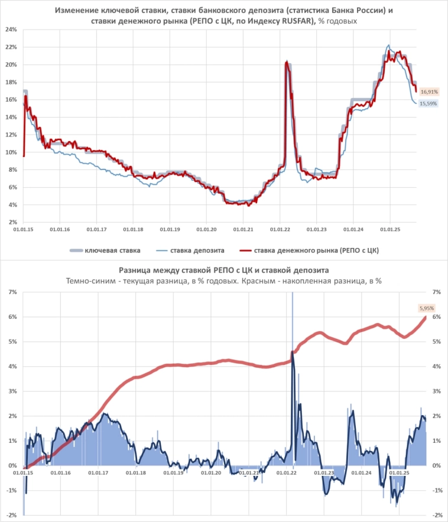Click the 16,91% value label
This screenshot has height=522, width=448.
(428, 92)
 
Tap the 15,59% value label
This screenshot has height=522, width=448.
(428, 104)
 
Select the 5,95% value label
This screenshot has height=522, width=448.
(426, 308)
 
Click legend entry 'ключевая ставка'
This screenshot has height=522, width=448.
(113, 250)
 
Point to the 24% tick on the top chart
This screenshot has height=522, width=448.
(10, 30)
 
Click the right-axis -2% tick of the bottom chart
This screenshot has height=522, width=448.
(437, 515)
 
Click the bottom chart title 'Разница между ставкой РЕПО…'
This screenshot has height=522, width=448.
(223, 270)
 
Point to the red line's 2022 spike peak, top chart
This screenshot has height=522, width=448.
(286, 61)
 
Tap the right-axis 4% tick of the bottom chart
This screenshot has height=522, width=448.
(437, 366)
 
